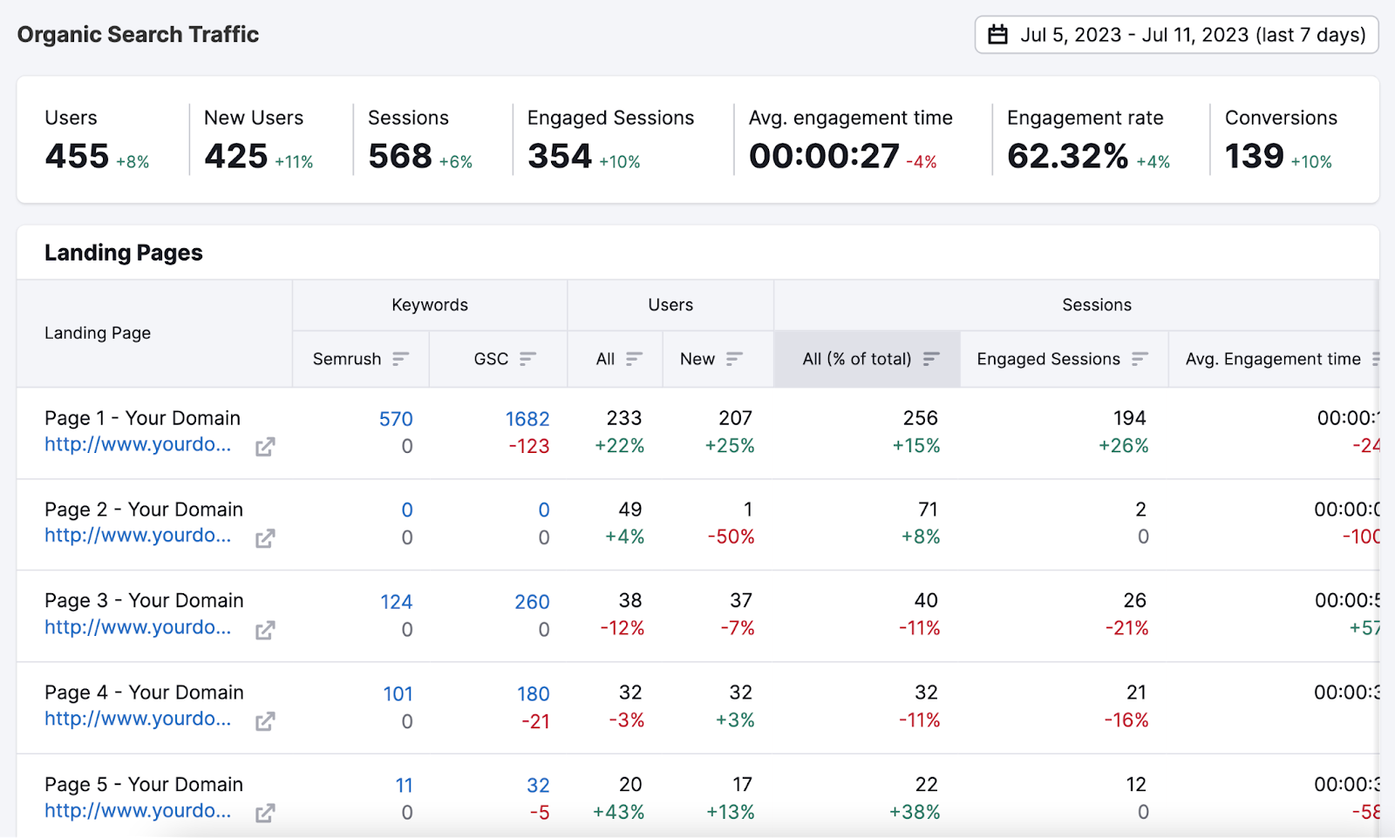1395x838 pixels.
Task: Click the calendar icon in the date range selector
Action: [997, 35]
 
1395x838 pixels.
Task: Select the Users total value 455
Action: [77, 157]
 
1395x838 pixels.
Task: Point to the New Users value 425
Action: [235, 157]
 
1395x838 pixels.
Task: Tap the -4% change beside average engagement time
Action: [922, 162]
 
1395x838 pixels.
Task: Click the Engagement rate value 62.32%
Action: [1067, 157]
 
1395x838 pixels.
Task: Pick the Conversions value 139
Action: [1254, 157]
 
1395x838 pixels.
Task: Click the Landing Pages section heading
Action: [124, 253]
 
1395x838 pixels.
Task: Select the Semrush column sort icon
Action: [400, 359]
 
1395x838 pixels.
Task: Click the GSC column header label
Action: [491, 359]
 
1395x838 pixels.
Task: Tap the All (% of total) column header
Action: [857, 359]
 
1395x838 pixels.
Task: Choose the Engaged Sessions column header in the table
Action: [1048, 359]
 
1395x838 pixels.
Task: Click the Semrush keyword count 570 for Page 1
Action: [396, 419]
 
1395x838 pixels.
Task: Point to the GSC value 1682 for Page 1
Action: [527, 419]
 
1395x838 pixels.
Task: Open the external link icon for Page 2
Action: [265, 538]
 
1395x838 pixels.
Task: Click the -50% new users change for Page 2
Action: [731, 537]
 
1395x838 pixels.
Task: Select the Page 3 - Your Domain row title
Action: [144, 600]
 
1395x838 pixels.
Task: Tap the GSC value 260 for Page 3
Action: [532, 602]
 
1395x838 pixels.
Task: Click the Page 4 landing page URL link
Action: [138, 719]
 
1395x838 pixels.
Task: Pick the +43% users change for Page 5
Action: [618, 812]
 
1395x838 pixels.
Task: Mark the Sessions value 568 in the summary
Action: [400, 157]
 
